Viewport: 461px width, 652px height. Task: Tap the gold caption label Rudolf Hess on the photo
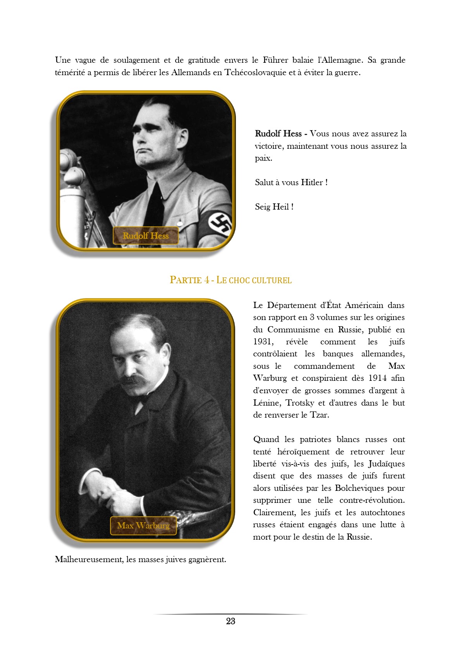(146, 236)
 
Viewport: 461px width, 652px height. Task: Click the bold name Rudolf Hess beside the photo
(278, 134)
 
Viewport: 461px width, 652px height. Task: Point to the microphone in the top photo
(72, 170)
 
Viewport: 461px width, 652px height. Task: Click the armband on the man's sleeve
(219, 224)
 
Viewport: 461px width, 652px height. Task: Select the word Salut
(264, 182)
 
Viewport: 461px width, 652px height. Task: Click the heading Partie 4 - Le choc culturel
(230, 280)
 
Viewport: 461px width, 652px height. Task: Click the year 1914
(377, 378)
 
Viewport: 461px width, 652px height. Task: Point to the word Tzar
(319, 415)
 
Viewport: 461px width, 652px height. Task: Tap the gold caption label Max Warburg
(143, 526)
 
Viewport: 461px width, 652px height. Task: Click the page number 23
(230, 621)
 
